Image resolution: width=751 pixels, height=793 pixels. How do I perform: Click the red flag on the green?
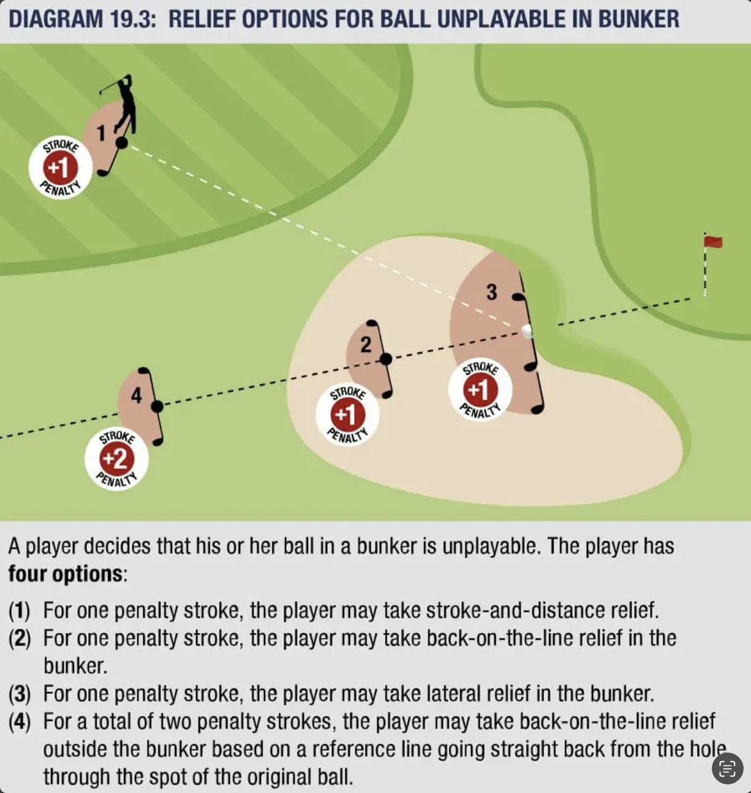(713, 241)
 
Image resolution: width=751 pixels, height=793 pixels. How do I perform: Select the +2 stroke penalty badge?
(116, 459)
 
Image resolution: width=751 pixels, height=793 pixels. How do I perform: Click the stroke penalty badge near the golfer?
(60, 167)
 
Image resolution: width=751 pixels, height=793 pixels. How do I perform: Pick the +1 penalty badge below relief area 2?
(347, 414)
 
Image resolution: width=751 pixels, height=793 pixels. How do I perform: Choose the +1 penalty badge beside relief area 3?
(480, 390)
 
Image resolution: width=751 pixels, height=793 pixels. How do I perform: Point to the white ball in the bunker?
(527, 331)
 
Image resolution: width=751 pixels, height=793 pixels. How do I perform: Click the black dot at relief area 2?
(386, 359)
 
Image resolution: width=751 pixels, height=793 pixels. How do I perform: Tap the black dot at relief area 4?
(157, 406)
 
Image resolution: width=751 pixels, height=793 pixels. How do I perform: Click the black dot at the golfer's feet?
(122, 142)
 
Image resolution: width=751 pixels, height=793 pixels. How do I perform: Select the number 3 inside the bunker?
(491, 292)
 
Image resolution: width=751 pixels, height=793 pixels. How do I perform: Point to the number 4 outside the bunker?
(136, 395)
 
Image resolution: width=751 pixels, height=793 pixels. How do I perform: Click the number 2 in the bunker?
(366, 345)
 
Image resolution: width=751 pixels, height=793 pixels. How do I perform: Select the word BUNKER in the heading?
(639, 19)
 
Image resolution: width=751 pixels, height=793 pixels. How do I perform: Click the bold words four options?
(66, 574)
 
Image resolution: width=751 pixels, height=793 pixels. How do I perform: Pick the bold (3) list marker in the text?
(20, 694)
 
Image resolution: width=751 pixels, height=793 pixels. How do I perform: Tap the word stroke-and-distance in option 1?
(516, 610)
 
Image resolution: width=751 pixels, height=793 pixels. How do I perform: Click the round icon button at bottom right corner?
(727, 768)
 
